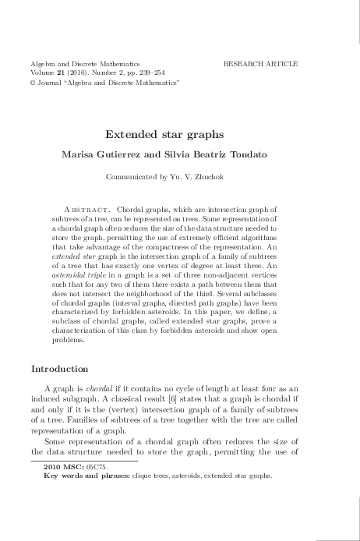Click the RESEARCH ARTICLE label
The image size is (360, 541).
pyautogui.click(x=260, y=62)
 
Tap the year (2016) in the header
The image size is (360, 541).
pyautogui.click(x=79, y=72)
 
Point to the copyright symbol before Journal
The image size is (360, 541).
pyautogui.click(x=34, y=82)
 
